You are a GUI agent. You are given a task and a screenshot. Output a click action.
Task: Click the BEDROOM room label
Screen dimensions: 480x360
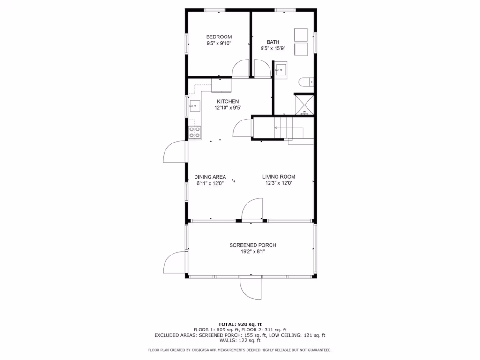tap(218, 37)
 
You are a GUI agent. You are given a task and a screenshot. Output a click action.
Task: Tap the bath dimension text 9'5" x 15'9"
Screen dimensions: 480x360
tap(273, 48)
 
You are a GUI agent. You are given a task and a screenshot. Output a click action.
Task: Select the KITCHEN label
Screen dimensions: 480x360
tap(228, 101)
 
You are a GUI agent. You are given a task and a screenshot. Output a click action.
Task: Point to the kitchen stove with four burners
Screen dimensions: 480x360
tap(195, 133)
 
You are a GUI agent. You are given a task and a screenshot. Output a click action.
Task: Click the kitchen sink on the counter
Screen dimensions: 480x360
tap(195, 106)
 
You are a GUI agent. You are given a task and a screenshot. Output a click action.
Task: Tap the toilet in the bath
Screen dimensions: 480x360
tap(306, 82)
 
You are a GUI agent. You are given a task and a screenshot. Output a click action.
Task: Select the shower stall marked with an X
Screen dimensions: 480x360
tap(304, 105)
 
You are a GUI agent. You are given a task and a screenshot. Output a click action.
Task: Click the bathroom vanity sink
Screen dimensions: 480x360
tap(280, 70)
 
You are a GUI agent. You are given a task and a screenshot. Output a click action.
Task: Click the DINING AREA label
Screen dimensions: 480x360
tap(210, 177)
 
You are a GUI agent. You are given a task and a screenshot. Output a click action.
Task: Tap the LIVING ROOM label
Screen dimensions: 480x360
tap(278, 177)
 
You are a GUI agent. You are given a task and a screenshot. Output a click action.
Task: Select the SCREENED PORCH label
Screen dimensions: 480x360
tap(253, 245)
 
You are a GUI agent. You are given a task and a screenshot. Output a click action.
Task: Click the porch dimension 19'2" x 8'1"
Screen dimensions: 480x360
tap(253, 252)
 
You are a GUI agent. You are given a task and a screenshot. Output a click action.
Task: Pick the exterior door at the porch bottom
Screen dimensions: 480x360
tap(250, 287)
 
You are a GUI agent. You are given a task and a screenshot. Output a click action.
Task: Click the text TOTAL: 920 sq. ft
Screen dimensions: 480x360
tap(240, 324)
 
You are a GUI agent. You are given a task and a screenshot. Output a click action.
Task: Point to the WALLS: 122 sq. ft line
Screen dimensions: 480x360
tap(240, 340)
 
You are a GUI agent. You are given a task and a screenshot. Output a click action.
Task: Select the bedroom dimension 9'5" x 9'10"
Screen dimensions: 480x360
tap(218, 43)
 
